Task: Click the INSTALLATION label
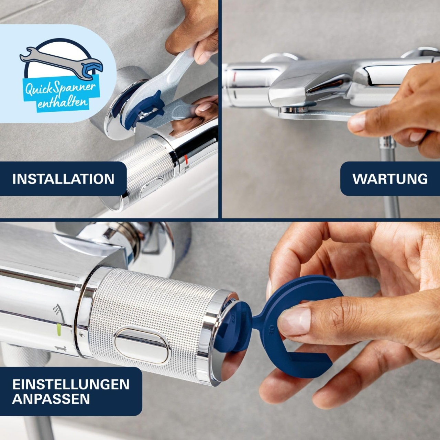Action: click(63, 179)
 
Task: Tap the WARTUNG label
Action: click(390, 179)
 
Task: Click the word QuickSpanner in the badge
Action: click(60, 89)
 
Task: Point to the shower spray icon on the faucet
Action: click(57, 309)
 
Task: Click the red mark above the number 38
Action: click(186, 159)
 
